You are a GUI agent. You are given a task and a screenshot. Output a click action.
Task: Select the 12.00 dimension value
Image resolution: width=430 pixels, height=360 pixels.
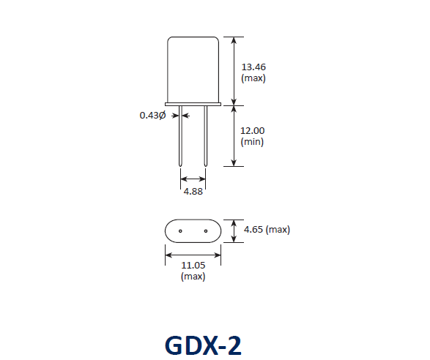tap(253, 131)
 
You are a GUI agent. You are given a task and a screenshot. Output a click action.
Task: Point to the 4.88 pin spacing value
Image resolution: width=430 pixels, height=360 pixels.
tap(193, 192)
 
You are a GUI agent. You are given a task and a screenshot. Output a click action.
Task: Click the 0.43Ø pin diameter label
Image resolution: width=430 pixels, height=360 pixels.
tap(152, 115)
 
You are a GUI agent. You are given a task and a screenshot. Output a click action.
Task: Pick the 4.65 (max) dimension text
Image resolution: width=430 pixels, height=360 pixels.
tap(267, 230)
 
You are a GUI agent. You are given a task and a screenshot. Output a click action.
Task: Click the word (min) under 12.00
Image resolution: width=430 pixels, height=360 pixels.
tap(252, 141)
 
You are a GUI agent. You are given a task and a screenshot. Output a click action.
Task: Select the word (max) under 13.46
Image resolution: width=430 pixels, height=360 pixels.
tap(253, 78)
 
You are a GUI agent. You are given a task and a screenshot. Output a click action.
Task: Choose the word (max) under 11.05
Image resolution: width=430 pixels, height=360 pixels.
tap(193, 277)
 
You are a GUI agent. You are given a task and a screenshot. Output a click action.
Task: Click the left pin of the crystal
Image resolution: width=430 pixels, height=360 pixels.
tap(180, 139)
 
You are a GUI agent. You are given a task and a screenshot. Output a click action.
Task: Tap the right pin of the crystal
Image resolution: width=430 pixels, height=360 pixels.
tap(206, 139)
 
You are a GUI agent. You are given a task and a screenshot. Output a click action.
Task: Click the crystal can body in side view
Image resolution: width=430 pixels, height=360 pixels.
tap(193, 70)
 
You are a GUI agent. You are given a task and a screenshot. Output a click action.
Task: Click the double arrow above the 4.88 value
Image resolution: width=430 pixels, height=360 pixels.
tap(193, 178)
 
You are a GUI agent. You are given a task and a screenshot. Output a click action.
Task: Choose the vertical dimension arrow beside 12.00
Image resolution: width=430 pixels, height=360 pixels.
tap(234, 136)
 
